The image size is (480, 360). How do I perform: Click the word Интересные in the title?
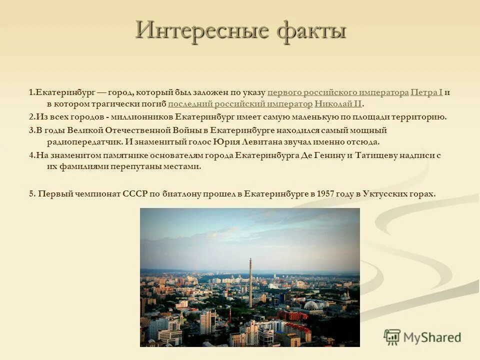tap(200, 30)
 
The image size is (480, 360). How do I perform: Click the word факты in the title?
tap(311, 30)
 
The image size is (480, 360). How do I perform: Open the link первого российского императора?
tap(338, 92)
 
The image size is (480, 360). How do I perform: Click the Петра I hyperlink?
tap(426, 92)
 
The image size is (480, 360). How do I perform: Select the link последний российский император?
tap(240, 104)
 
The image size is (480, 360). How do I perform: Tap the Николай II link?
tap(338, 104)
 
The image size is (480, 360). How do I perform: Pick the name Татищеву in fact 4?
tap(376, 155)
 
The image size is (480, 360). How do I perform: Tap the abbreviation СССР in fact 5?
tap(135, 193)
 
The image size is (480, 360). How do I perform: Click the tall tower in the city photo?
tap(250, 282)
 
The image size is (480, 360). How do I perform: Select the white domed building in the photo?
tap(312, 305)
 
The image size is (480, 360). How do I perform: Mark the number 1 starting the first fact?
tap(31, 92)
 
